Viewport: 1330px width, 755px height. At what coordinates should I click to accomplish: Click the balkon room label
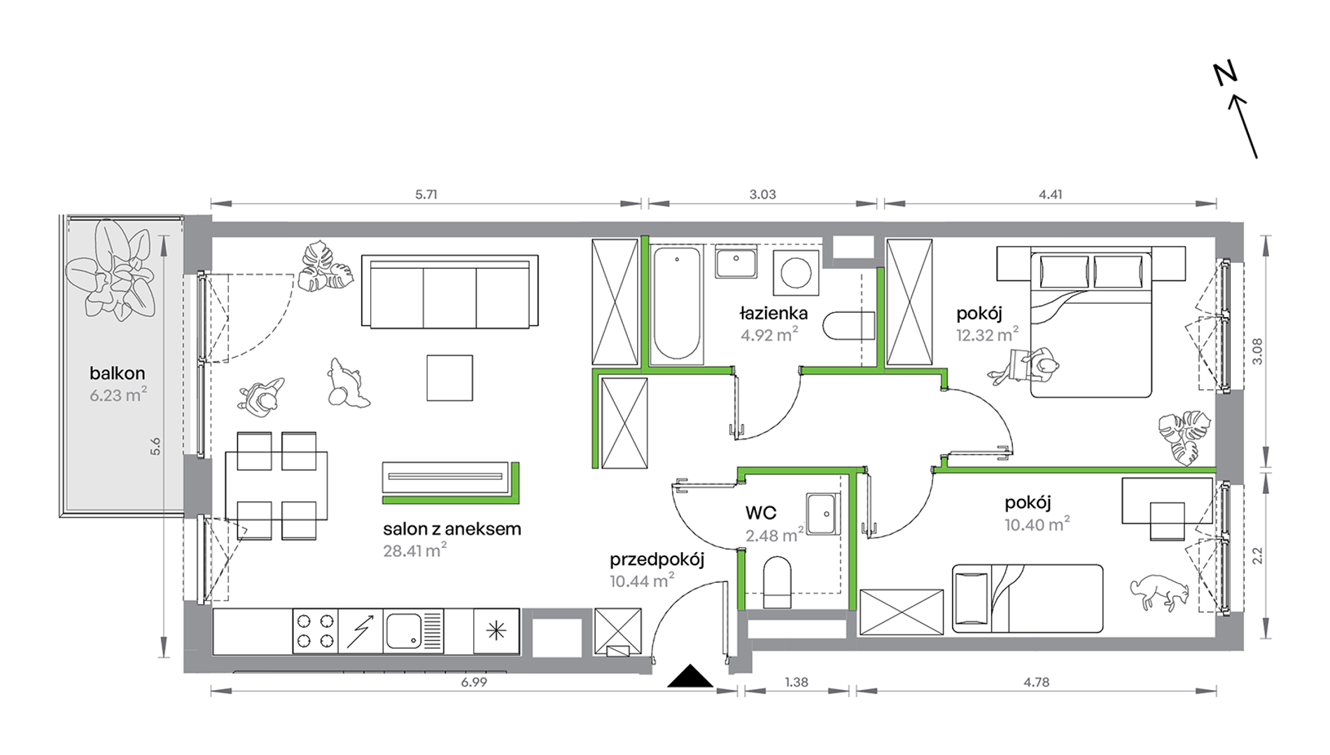(x=117, y=373)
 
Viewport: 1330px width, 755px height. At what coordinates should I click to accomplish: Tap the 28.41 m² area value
(x=414, y=550)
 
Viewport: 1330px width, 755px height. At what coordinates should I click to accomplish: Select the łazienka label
(x=773, y=313)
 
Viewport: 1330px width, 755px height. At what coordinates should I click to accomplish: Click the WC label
(x=761, y=513)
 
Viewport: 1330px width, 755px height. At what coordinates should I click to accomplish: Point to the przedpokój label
(x=657, y=560)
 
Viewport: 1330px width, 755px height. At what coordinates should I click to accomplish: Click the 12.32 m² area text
(x=987, y=334)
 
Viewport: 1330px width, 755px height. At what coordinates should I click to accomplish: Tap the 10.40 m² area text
(x=1037, y=524)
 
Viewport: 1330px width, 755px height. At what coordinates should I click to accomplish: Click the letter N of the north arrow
(x=1225, y=73)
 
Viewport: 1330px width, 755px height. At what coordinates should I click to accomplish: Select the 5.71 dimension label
(x=426, y=195)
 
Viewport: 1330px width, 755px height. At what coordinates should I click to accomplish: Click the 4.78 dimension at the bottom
(x=1036, y=682)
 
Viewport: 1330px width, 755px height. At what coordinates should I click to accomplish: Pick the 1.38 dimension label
(x=797, y=682)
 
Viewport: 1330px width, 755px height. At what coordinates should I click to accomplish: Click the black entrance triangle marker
(x=690, y=676)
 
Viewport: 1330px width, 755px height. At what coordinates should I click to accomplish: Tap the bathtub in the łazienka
(x=677, y=304)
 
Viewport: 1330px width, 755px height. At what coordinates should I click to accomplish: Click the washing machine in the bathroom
(x=796, y=272)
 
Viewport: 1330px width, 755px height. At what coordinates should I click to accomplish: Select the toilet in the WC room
(x=777, y=582)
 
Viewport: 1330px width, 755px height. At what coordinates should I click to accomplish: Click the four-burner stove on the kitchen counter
(x=315, y=630)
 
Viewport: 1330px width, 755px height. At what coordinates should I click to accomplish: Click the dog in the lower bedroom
(x=1159, y=592)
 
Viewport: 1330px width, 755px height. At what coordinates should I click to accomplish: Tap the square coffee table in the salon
(x=449, y=378)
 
